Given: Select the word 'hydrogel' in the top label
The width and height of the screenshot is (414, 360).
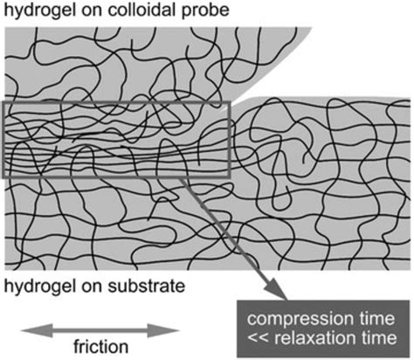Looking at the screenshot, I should (x=36, y=12).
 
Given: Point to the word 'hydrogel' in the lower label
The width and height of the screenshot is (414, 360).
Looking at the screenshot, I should (x=36, y=284).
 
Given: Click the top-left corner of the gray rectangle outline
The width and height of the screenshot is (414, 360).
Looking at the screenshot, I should (x=4, y=102).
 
